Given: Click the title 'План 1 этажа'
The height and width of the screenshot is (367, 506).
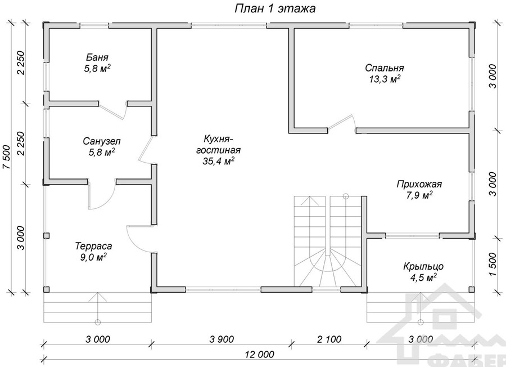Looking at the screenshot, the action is coord(274,8).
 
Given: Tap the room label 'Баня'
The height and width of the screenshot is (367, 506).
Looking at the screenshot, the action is coord(97,57).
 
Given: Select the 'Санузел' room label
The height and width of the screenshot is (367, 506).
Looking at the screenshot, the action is coord(102,141).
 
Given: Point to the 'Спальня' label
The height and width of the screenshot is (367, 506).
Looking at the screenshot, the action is coord(385,68).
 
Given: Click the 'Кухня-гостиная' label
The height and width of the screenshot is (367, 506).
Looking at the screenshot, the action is coord(218,145).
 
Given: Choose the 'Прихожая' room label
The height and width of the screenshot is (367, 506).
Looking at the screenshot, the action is coord(419,185).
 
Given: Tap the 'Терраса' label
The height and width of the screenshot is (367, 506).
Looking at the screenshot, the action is coord(93,246).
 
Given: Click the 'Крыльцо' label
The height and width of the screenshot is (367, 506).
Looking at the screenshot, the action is coord(423,267).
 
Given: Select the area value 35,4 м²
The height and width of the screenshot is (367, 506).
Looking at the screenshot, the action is coord(218,161).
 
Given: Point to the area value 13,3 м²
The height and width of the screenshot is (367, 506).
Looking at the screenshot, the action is coord(385,79).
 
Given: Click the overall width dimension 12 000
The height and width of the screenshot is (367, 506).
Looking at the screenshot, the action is coord(259,355).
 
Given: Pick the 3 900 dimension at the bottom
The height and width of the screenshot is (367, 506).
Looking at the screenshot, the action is coord(222,339).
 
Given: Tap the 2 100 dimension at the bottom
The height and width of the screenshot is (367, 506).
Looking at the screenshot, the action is coord(329,339).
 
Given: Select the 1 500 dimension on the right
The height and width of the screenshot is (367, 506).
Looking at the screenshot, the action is coord(492,265).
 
